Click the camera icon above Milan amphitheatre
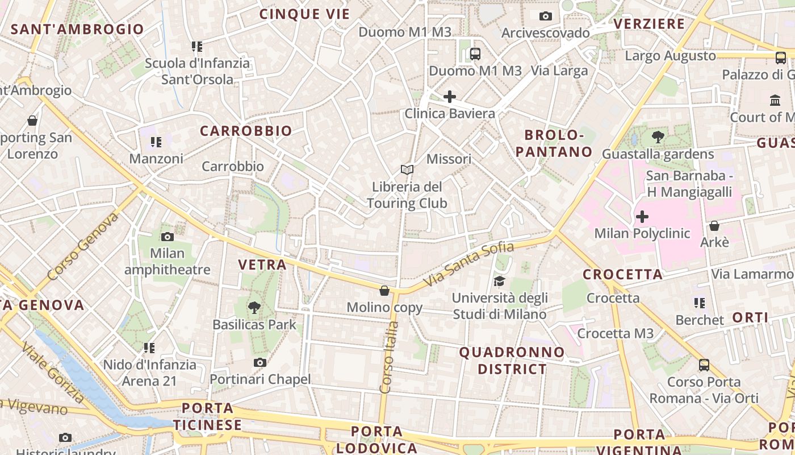point(167,237)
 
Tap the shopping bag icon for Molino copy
point(384,291)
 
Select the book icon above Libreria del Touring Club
point(407,169)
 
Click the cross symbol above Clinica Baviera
point(449,97)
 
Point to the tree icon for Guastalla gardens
point(658,136)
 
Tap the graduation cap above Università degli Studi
point(499,281)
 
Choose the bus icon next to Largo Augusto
point(781,57)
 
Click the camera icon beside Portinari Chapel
point(260,362)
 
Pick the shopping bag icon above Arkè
point(714,226)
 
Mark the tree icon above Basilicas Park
point(254,308)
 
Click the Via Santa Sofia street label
point(468,264)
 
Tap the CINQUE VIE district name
point(304,14)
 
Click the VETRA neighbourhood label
point(262,264)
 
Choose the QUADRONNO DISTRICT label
point(512,361)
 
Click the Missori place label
point(449,159)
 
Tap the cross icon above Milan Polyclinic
point(642,217)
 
